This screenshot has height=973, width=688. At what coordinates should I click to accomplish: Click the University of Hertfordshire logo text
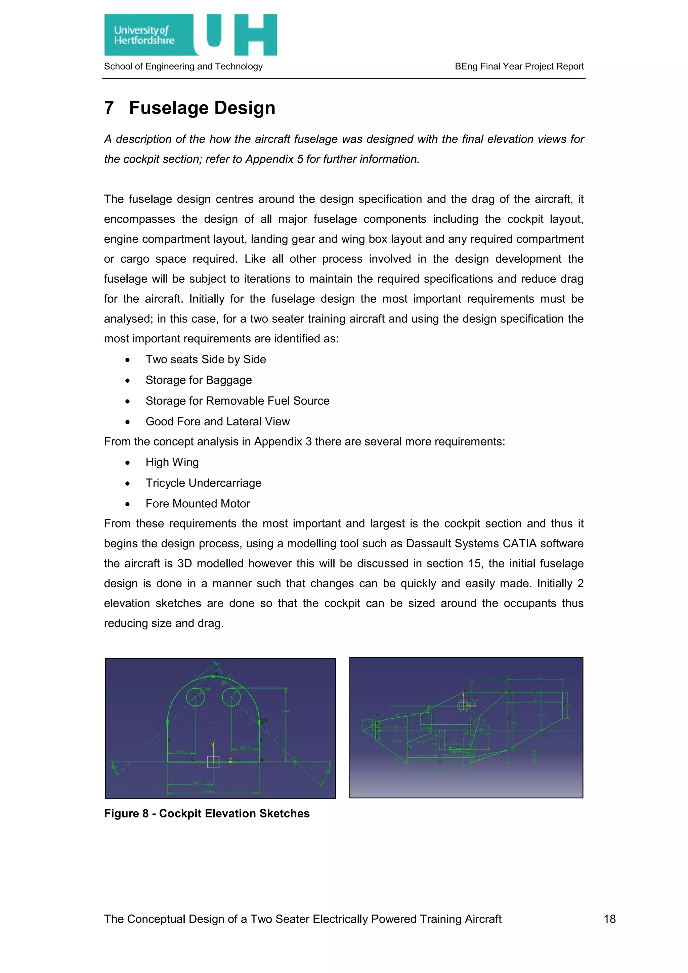(144, 35)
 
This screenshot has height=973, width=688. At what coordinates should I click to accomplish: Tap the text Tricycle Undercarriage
(203, 483)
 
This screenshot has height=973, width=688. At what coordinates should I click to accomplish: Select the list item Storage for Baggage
(198, 380)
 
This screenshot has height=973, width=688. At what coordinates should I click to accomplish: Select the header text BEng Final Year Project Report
(519, 66)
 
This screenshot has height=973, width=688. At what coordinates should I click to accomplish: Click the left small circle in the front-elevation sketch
(195, 697)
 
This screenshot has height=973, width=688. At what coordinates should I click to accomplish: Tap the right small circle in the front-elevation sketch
(231, 697)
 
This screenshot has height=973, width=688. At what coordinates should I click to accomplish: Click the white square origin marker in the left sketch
(213, 762)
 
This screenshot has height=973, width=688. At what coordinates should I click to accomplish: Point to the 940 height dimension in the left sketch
(286, 712)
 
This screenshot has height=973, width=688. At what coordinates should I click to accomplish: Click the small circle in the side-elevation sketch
(463, 706)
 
